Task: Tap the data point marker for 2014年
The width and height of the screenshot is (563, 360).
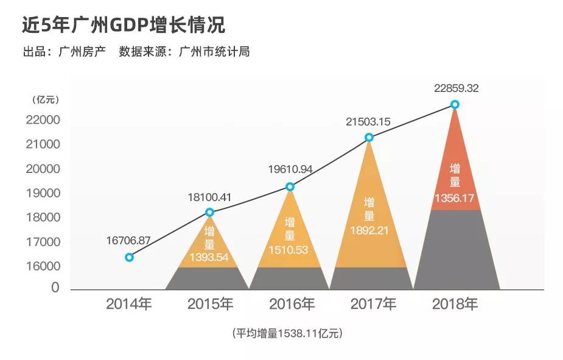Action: [x=129, y=257]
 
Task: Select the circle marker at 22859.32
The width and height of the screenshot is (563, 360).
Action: [x=455, y=104]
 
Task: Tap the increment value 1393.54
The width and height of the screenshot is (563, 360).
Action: [x=209, y=256]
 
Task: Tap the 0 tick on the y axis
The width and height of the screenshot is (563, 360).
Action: [x=56, y=288]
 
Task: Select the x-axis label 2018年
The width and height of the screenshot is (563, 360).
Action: [x=454, y=304]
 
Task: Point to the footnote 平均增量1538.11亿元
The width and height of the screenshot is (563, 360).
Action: [x=287, y=333]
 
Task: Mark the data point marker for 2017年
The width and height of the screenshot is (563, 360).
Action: [x=369, y=137]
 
